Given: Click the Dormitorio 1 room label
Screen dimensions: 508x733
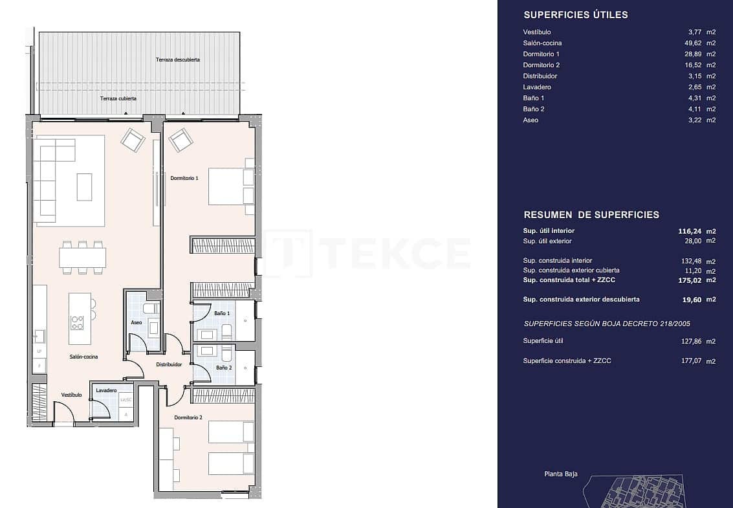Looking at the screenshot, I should pos(184,178).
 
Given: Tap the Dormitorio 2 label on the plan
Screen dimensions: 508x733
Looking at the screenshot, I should pos(188,418).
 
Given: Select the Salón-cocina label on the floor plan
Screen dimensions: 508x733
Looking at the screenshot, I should pos(83,357).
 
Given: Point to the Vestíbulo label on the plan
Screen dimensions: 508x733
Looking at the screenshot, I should pos(71,395).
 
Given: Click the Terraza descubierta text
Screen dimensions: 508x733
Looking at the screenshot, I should pos(177,60).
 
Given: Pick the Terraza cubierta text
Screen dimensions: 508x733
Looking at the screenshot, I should pos(118,98).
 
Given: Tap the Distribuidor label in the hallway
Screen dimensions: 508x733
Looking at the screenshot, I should pos(169,364).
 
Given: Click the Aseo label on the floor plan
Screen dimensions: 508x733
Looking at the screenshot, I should pos(136,322).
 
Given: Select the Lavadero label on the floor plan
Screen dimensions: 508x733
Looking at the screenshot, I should pos(106,391).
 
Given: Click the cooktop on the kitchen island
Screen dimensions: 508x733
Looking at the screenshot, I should pos(77,322).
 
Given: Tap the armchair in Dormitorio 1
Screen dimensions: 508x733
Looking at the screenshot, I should pos(181,139).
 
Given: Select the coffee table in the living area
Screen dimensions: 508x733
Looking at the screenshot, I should pos(84,186).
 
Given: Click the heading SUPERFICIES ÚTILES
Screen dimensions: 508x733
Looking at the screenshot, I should pos(575,15).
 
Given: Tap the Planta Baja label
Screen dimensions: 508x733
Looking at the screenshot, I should pos(560,474).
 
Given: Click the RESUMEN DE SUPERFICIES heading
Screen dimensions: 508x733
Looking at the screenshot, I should pos(591,215).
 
